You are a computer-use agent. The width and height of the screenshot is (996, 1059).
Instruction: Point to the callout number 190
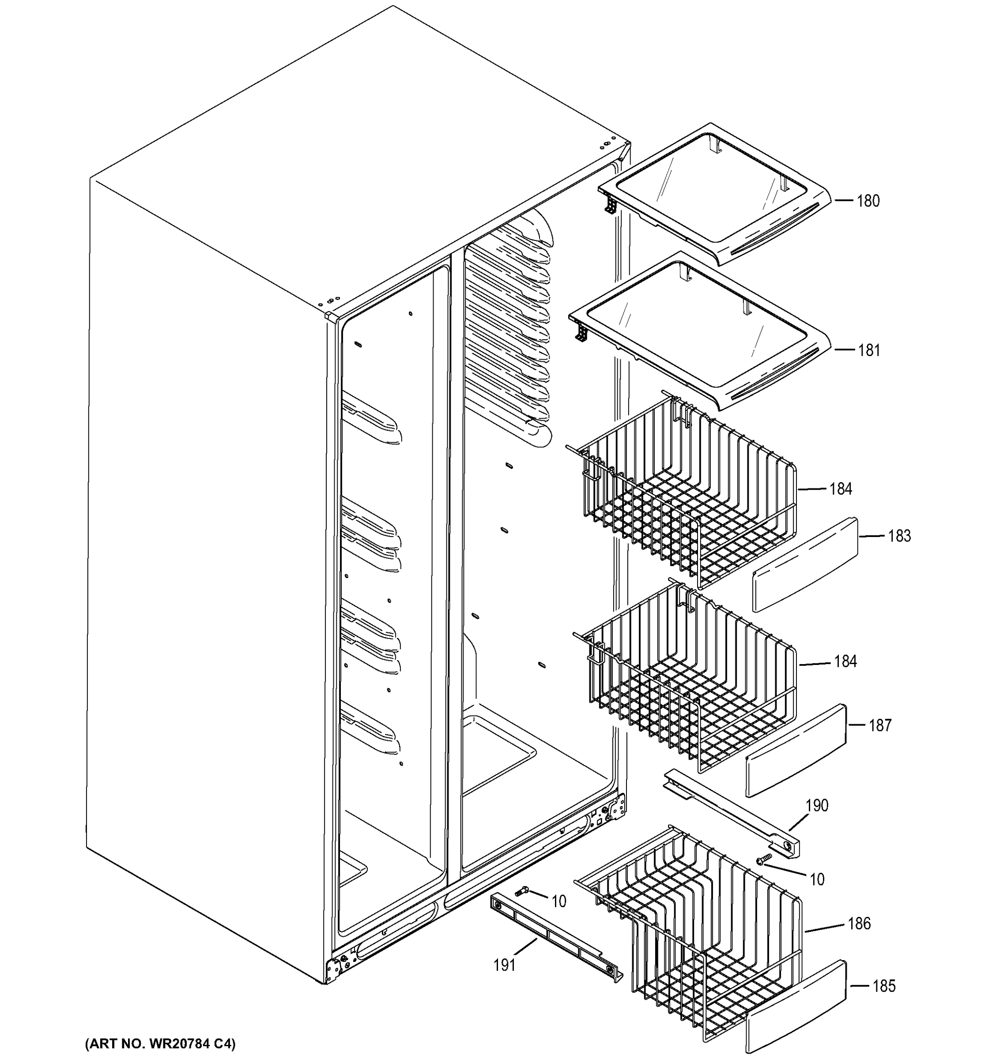[x=816, y=805]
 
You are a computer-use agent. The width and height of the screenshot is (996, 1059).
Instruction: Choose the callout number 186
[x=859, y=923]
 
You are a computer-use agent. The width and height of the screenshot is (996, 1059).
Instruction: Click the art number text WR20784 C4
[x=160, y=1043]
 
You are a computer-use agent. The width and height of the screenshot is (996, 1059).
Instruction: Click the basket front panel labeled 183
[x=805, y=565]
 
